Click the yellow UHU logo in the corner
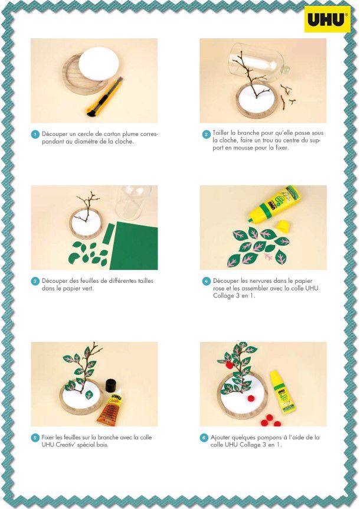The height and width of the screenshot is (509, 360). click(x=327, y=19)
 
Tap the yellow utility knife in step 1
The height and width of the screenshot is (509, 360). click(x=104, y=97)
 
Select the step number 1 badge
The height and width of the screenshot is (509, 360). click(x=35, y=134)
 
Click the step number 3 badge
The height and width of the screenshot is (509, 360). click(x=35, y=281)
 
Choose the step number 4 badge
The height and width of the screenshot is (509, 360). click(x=207, y=281)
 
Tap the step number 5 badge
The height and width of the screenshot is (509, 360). click(x=35, y=438)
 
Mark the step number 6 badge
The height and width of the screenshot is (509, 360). click(x=204, y=438)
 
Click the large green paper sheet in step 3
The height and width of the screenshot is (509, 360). click(x=135, y=246)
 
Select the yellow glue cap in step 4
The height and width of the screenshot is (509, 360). click(x=283, y=226)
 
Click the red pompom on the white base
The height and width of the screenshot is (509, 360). click(x=251, y=398)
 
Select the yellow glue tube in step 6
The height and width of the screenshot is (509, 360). click(x=282, y=393)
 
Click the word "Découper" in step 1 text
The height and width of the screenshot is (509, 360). click(x=55, y=133)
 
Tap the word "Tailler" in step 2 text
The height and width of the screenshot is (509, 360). click(x=221, y=133)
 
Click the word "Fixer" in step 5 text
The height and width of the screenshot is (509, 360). click(x=48, y=438)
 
